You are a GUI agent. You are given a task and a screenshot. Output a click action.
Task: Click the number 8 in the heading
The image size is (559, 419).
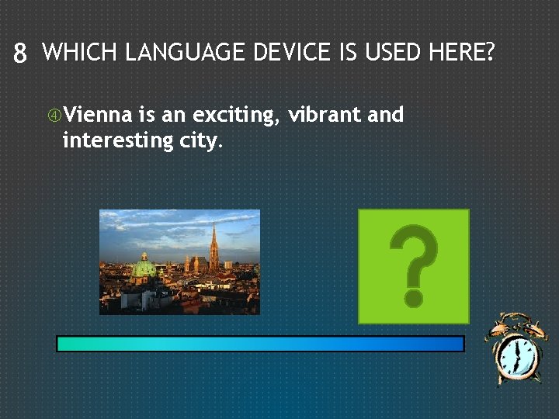pos(20,54)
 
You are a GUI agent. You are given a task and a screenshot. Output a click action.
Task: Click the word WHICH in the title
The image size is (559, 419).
pos(80,53)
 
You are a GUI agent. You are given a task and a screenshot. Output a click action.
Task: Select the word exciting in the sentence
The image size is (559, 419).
pos(236,116)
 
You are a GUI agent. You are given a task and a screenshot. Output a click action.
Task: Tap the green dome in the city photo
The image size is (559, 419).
pos(144,268)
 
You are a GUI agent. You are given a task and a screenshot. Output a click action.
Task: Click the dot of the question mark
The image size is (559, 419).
pos(414,296)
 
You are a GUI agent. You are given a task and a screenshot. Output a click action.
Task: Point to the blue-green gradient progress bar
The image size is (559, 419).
pos(260,344)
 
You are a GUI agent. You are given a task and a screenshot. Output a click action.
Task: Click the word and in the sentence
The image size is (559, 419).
pos(386,115)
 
